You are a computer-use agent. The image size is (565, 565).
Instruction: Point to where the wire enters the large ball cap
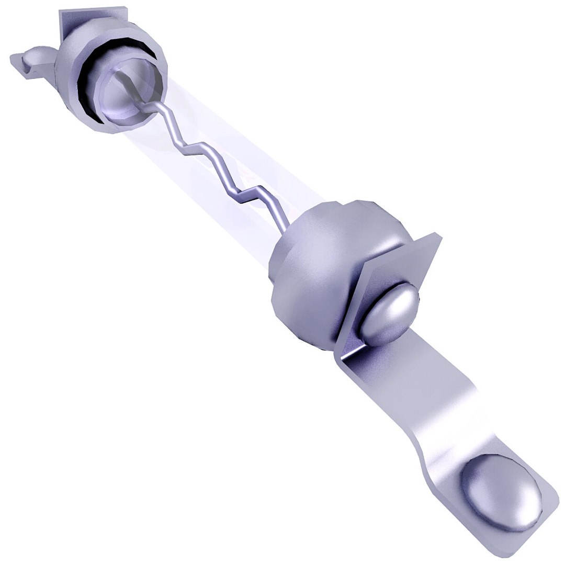285,230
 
